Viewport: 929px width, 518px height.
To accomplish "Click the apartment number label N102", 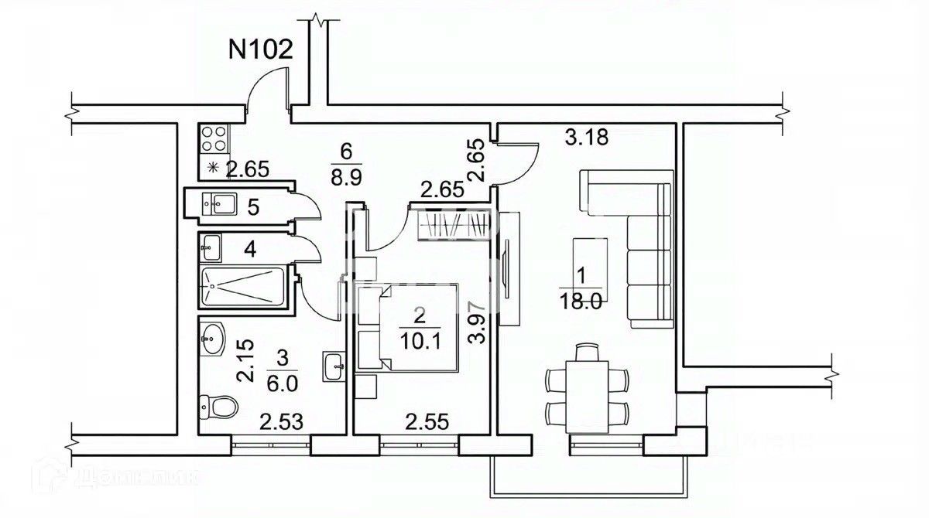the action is (x=261, y=49).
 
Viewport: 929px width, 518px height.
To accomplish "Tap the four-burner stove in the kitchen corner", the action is (x=213, y=140).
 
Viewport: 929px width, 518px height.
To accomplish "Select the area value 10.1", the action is (x=419, y=340).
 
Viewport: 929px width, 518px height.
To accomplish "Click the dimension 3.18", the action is (x=587, y=139).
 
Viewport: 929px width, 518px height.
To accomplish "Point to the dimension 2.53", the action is (x=282, y=422).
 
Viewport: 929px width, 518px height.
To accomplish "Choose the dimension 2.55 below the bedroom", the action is (x=428, y=422).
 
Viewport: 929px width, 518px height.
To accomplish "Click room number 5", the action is (x=252, y=206).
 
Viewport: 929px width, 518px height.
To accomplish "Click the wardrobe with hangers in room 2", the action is (x=453, y=225).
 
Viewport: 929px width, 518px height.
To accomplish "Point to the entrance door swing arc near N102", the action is (x=266, y=83).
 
